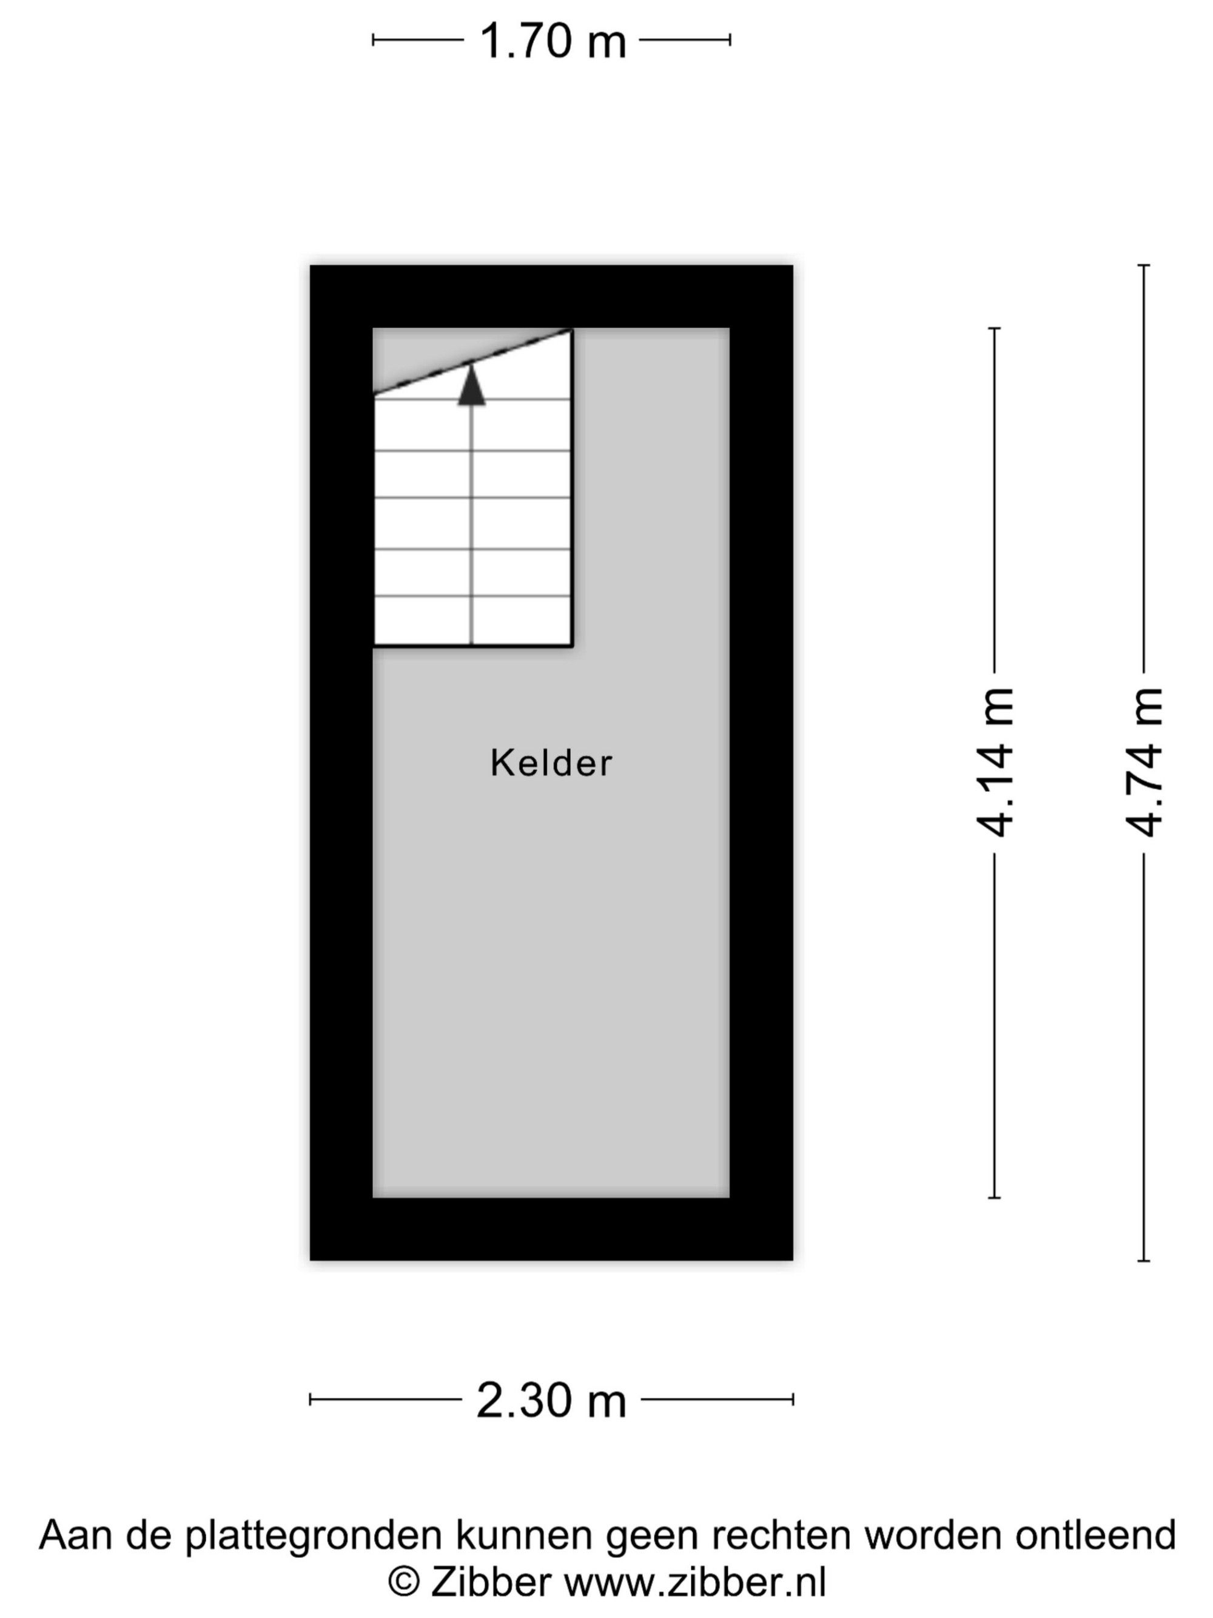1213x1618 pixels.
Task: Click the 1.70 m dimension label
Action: tap(553, 41)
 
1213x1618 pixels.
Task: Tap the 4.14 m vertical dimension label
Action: tap(995, 762)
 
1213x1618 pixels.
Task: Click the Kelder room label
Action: tap(551, 763)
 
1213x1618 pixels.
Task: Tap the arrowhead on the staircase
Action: tap(472, 384)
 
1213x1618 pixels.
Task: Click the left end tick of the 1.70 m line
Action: tap(373, 40)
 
